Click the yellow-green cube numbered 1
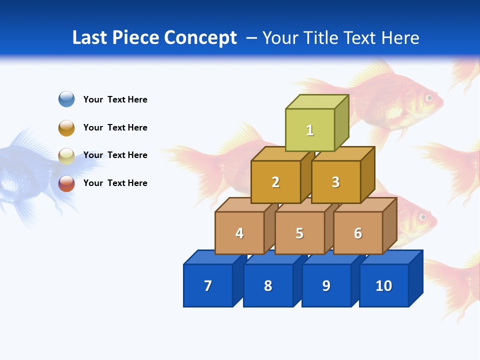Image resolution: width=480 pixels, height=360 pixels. (x=310, y=130)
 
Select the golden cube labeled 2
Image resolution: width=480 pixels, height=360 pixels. (x=275, y=182)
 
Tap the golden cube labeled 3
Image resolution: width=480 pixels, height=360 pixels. (x=335, y=182)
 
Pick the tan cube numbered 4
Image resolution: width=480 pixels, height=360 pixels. (x=239, y=233)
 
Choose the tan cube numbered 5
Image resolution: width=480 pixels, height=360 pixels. (x=299, y=233)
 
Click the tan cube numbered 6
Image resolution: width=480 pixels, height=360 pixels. (x=358, y=233)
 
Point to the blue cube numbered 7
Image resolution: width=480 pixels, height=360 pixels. (x=208, y=285)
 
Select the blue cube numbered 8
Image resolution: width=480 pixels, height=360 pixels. (x=268, y=285)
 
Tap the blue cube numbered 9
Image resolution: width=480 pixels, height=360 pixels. (x=326, y=285)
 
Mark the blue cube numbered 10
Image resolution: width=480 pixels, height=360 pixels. (x=384, y=285)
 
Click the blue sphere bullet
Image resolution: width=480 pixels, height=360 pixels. (x=66, y=99)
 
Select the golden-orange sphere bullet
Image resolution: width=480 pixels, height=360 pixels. (x=66, y=127)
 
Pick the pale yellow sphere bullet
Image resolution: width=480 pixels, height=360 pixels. (x=66, y=155)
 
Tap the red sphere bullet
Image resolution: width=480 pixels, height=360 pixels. (x=66, y=183)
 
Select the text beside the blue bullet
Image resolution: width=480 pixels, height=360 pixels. (x=115, y=99)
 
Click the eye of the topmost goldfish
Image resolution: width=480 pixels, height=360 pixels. (x=428, y=97)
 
